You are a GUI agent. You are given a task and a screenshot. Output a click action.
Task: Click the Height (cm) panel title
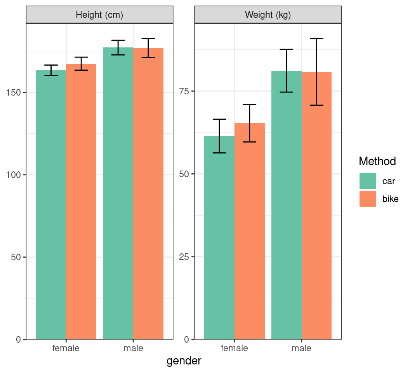click(99, 15)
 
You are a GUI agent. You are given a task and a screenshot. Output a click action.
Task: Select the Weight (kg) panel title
click(268, 15)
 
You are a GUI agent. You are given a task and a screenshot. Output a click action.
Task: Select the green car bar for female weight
click(219, 237)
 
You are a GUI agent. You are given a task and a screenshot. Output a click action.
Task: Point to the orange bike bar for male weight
click(317, 206)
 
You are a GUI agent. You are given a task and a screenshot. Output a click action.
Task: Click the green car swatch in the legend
click(367, 181)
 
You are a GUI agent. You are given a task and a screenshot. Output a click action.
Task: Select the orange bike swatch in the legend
click(367, 199)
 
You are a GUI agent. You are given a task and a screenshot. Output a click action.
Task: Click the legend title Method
click(377, 161)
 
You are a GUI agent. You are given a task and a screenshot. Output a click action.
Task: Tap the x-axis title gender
click(184, 361)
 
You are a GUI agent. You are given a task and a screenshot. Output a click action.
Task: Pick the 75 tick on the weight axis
click(184, 91)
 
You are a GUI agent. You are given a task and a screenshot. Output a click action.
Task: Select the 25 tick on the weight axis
click(184, 257)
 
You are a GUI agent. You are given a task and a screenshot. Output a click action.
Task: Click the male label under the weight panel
click(302, 348)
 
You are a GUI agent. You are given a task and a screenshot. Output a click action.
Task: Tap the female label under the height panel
click(66, 348)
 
